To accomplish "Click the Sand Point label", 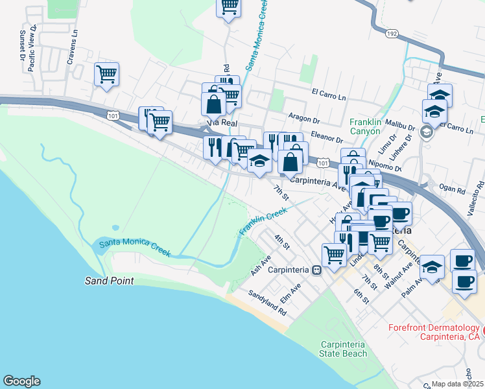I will tap(109, 281).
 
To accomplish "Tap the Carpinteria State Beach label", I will tap(343, 349).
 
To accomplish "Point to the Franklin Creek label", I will tap(263, 221).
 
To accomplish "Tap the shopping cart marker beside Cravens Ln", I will tap(106, 73).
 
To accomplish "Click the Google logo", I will tap(21, 381).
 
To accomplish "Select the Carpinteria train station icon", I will tap(316, 270).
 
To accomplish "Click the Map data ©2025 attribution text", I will tap(458, 384).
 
